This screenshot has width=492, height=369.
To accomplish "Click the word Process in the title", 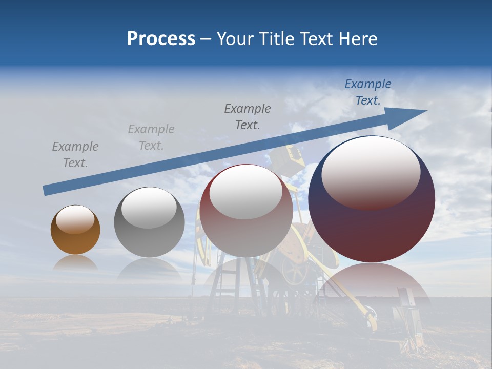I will pyautogui.click(x=161, y=39).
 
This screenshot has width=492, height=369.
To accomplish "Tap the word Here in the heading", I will pyautogui.click(x=358, y=39).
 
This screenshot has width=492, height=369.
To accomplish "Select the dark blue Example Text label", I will pyautogui.click(x=367, y=92).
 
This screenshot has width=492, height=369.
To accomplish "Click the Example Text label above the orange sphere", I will pyautogui.click(x=75, y=155).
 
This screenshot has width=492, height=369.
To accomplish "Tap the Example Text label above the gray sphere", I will pyautogui.click(x=151, y=137).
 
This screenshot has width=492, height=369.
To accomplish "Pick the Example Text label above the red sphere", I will pyautogui.click(x=248, y=117).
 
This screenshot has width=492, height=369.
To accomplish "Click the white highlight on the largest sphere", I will pyautogui.click(x=371, y=172).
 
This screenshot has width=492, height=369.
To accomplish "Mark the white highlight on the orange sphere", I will pyautogui.click(x=75, y=219).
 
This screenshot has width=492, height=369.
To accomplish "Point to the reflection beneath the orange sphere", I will pyautogui.click(x=75, y=263).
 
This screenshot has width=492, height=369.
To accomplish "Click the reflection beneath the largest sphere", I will pyautogui.click(x=372, y=279).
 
